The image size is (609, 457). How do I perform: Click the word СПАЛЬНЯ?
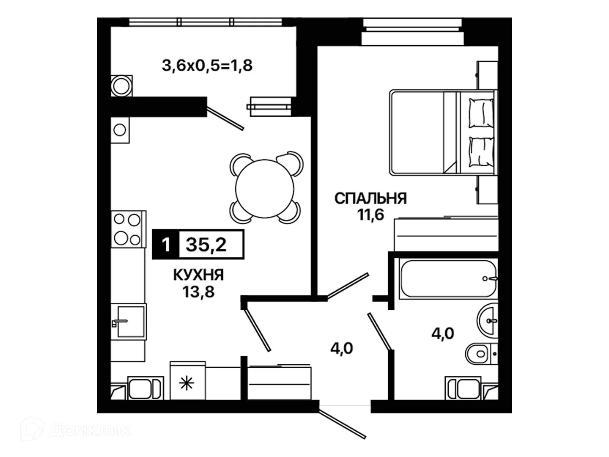pyautogui.click(x=370, y=198)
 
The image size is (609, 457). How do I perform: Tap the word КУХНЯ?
pyautogui.click(x=198, y=275)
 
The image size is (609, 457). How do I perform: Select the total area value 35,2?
pyautogui.click(x=206, y=245)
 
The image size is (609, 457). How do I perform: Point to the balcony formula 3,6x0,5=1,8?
pyautogui.click(x=207, y=66)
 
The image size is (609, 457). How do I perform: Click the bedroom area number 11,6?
pyautogui.click(x=370, y=214)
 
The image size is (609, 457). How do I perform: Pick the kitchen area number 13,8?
pyautogui.click(x=198, y=292)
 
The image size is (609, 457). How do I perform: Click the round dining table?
pyautogui.click(x=265, y=189)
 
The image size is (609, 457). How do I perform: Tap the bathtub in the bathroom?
pyautogui.click(x=448, y=278)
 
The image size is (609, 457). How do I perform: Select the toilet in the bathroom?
pyautogui.click(x=482, y=354)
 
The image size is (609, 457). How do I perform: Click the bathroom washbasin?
pyautogui.click(x=488, y=321)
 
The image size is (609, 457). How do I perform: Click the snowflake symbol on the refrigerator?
pyautogui.click(x=187, y=383)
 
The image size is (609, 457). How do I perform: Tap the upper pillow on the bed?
pyautogui.click(x=481, y=113)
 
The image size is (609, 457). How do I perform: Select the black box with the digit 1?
pyautogui.click(x=166, y=245)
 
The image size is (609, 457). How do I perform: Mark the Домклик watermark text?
pyautogui.click(x=89, y=430)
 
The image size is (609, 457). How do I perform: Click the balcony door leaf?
pyautogui.click(x=225, y=118)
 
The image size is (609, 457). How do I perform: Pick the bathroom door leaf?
pyautogui.click(x=379, y=331)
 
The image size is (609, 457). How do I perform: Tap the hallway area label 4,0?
pyautogui.click(x=342, y=348)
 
